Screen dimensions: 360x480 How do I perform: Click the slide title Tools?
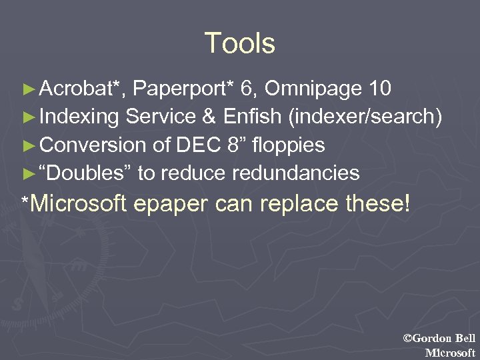coord(239,43)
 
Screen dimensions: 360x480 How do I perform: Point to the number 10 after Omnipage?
coord(377,89)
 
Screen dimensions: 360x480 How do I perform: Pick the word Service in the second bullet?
coord(160,117)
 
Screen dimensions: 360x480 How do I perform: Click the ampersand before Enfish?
coord(209,117)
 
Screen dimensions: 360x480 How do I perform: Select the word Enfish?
coord(251,117)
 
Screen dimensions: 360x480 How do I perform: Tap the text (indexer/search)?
coord(364,117)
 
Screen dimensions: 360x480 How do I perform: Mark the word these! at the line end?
coord(377,203)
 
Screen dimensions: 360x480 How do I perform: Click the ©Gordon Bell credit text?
coord(439,339)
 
